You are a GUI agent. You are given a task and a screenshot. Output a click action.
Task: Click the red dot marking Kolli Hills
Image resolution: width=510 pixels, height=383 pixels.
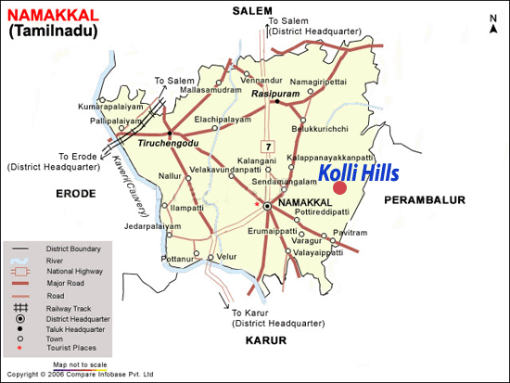[x=339, y=188]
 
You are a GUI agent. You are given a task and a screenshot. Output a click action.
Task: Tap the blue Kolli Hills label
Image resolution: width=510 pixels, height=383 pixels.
[x=358, y=172]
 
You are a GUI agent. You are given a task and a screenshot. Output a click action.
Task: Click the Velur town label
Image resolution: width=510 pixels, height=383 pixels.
[x=227, y=255]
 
